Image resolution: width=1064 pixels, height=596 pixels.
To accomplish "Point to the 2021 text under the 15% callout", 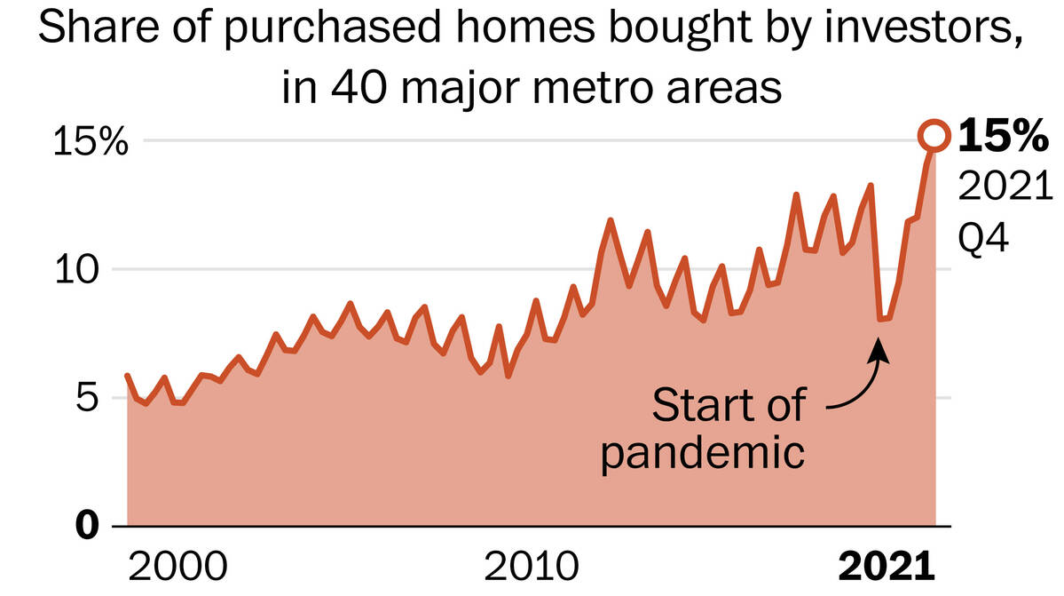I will tap(1005, 188).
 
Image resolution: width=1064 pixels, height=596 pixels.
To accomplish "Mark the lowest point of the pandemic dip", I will tap(880, 319).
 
